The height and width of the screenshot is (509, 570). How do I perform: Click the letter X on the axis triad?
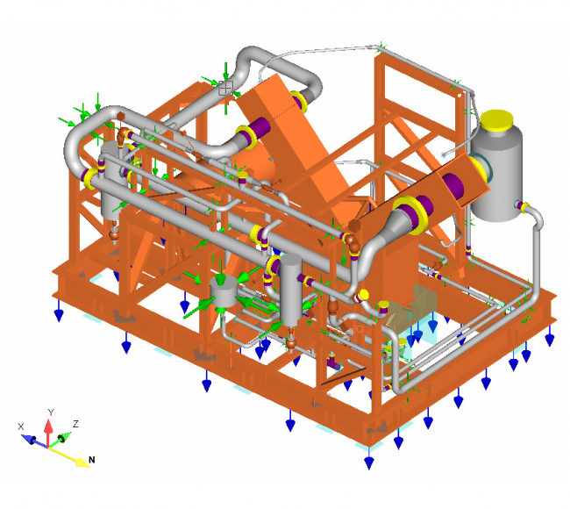[21, 427]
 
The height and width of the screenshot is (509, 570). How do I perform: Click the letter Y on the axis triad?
[51, 412]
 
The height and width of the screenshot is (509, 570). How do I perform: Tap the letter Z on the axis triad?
[75, 424]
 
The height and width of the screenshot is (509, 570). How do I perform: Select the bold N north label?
[92, 460]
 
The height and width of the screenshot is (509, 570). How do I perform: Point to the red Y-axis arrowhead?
[48, 426]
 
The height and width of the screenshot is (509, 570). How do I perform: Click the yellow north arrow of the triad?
[69, 457]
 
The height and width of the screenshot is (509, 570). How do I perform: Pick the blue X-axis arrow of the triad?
[33, 440]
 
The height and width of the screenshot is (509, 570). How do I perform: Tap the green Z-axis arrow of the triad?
[60, 439]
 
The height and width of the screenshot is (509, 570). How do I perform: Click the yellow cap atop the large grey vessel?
[496, 120]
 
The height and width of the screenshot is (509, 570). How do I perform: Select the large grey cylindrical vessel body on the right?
[496, 175]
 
